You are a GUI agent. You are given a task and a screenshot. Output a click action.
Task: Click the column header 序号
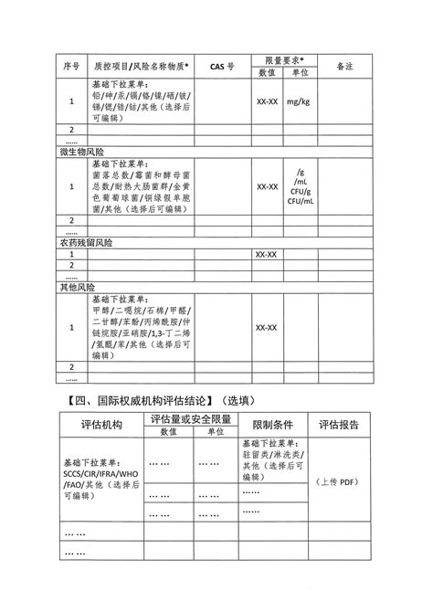tap(71, 66)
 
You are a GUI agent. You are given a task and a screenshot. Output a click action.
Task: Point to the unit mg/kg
tap(298, 102)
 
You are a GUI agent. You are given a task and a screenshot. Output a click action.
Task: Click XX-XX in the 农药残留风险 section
tap(268, 255)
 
